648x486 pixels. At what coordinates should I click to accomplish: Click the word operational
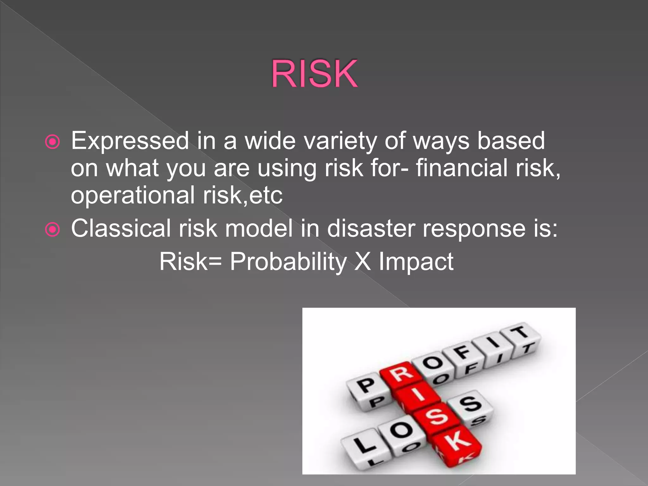(x=133, y=196)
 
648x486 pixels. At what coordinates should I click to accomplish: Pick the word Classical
(x=121, y=228)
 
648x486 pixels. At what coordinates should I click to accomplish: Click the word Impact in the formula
(x=416, y=262)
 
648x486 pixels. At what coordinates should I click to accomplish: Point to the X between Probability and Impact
(x=363, y=262)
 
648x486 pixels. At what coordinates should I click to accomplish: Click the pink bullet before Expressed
(x=53, y=142)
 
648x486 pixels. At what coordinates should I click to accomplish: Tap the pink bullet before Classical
(x=53, y=229)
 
